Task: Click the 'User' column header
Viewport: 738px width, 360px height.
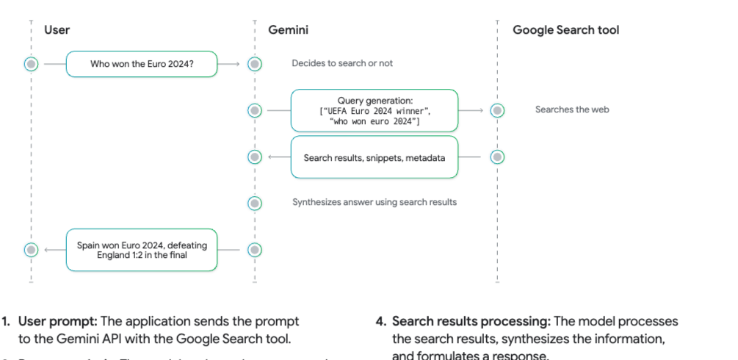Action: [57, 30]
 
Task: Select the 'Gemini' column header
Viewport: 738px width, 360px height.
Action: [288, 30]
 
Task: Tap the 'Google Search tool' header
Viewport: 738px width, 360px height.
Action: [565, 30]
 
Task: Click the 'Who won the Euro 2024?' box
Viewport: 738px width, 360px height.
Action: [142, 64]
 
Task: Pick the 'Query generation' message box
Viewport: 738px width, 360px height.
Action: [375, 110]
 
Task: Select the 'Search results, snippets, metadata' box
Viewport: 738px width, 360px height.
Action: [375, 157]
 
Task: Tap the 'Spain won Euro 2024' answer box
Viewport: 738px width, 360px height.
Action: [142, 250]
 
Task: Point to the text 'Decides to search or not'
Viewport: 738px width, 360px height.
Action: [342, 63]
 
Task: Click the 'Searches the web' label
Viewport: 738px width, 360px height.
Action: [572, 109]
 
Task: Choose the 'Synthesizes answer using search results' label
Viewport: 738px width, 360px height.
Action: [375, 202]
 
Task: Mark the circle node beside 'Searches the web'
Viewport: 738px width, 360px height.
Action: [497, 110]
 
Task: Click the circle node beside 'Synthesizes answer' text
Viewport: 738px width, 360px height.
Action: [255, 203]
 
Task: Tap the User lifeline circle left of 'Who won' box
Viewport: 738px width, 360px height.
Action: [31, 64]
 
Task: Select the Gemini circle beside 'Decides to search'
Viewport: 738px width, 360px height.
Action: [255, 64]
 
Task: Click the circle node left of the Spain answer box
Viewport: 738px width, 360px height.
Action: [31, 250]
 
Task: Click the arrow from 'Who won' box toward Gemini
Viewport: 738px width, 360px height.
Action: [231, 64]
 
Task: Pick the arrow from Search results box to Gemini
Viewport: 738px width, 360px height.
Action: [278, 157]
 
